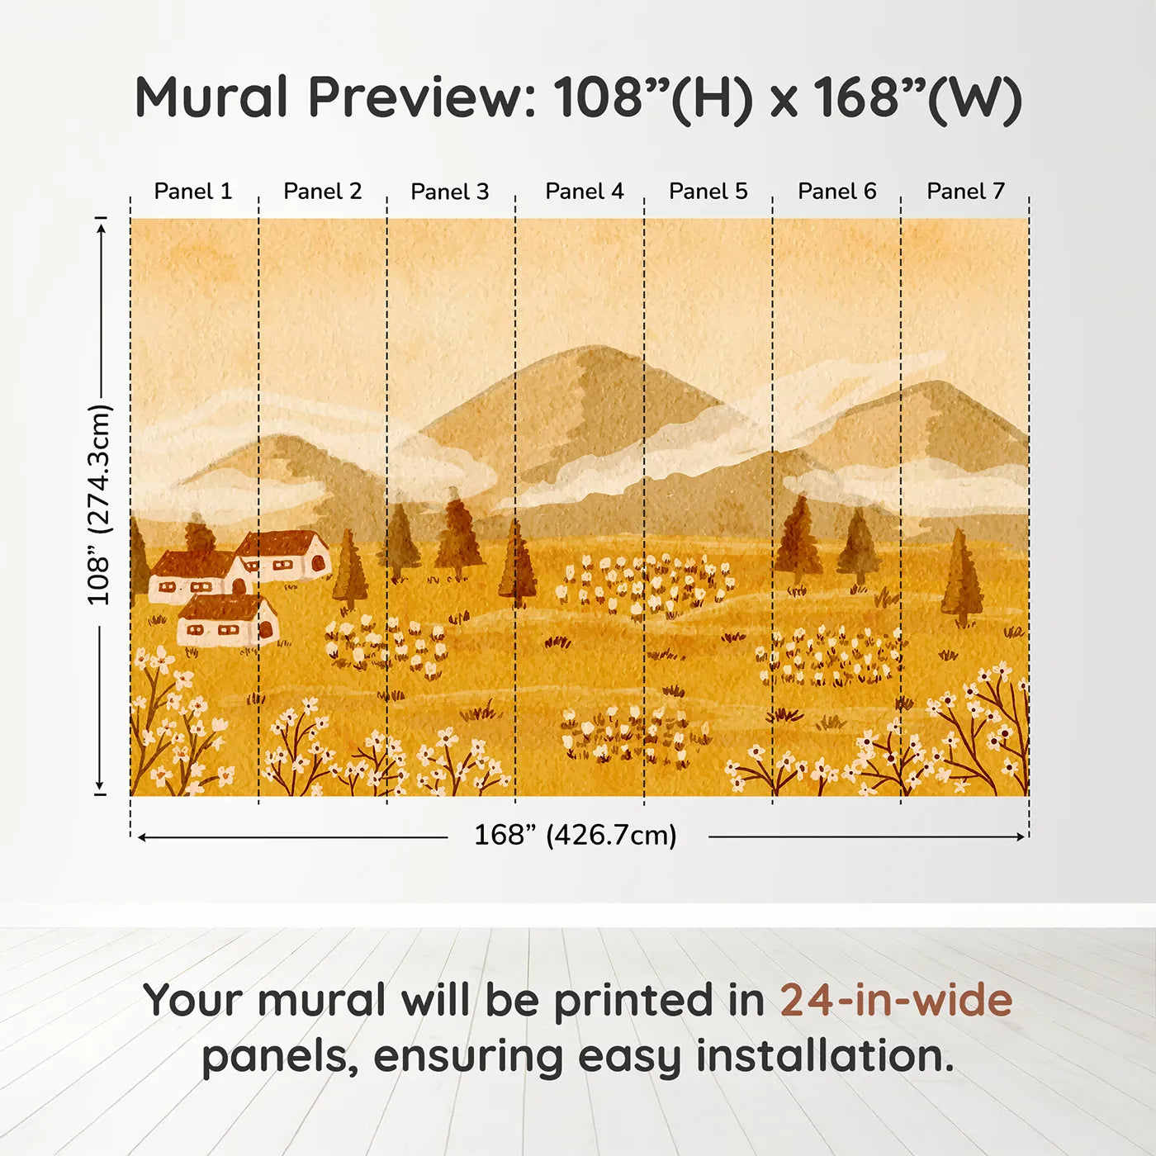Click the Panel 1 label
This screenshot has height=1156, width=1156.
coord(193,192)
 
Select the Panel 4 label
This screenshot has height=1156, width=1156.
coord(584,192)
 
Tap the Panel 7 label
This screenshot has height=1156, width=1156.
coord(965,192)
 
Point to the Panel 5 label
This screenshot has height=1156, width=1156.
coord(708,192)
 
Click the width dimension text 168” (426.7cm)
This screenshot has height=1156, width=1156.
coord(575,836)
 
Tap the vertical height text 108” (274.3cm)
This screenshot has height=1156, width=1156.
coord(98,505)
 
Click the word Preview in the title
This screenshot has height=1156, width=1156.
coord(422,98)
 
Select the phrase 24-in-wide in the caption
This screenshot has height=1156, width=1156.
coord(896,1001)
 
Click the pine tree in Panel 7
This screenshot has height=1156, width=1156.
coord(961,578)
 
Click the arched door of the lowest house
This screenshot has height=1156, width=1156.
coord(266,630)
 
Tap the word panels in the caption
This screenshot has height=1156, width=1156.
coord(280,1056)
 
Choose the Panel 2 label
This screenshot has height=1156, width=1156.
coord(322,192)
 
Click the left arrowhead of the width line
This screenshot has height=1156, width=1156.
coord(143,837)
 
